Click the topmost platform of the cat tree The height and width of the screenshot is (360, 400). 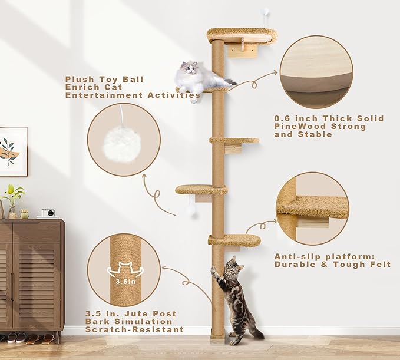click(x=242, y=34)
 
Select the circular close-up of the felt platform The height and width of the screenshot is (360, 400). click(x=312, y=208)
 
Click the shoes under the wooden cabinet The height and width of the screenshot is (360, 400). click(x=29, y=339)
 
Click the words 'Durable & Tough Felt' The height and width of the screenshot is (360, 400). click(x=332, y=265)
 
